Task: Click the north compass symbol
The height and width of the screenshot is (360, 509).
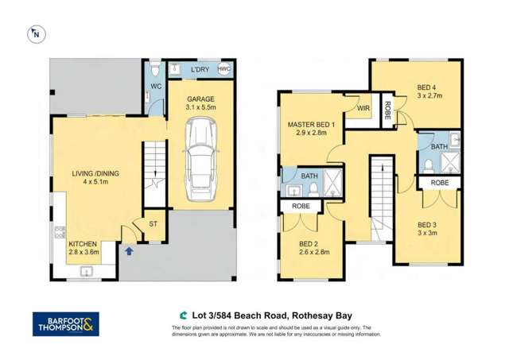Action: point(35,33)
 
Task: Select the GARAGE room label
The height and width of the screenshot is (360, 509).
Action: point(200,99)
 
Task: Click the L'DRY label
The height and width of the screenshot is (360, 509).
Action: point(199,70)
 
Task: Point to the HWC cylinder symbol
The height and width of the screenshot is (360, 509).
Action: point(224,70)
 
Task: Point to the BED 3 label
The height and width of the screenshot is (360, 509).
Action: point(428,230)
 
